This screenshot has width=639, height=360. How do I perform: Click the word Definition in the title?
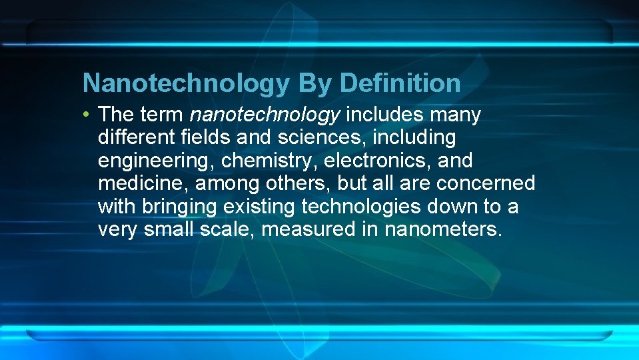pyautogui.click(x=400, y=83)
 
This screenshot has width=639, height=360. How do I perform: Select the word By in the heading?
pyautogui.click(x=315, y=83)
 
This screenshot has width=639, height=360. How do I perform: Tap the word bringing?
pyautogui.click(x=179, y=207)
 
